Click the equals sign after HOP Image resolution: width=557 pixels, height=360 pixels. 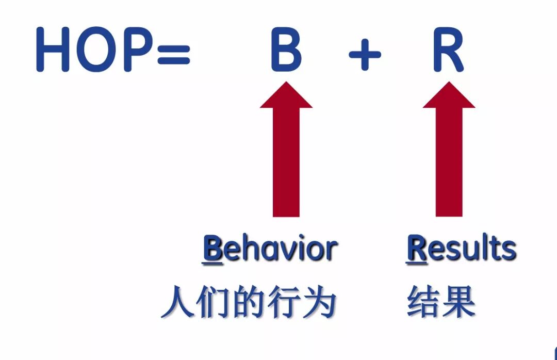(173, 53)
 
